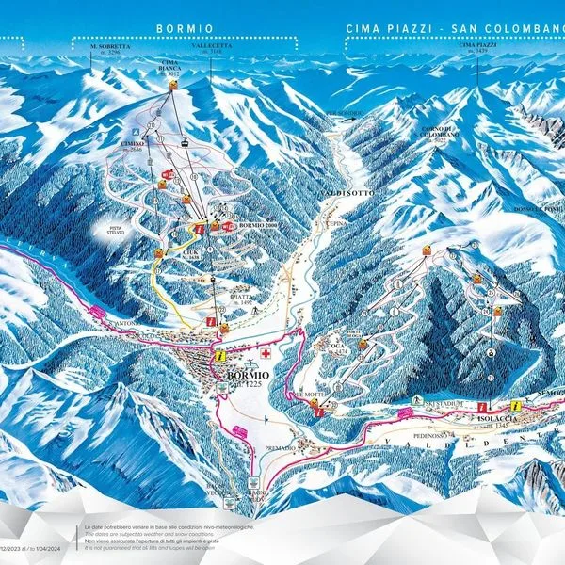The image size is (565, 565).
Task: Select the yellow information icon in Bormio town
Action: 219,357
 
